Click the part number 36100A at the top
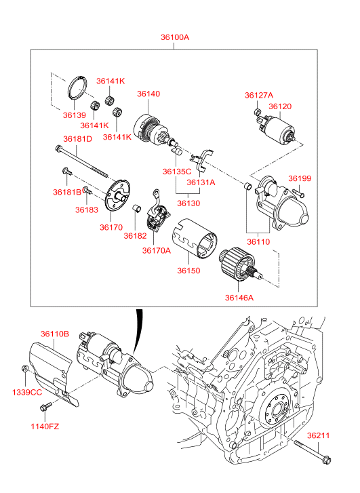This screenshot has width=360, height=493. click(x=175, y=37)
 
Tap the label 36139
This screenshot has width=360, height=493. click(x=74, y=115)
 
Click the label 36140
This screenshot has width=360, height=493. click(x=148, y=94)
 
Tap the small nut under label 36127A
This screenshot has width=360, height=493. click(x=257, y=111)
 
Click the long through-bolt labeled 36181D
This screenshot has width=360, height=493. click(x=81, y=161)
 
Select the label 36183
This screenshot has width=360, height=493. click(x=87, y=210)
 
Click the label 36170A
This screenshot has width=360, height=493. click(x=156, y=250)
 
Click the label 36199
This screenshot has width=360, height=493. click(x=300, y=178)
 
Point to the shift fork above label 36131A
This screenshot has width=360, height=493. click(x=202, y=159)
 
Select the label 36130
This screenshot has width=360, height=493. click(x=188, y=203)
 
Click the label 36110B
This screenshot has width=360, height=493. click(x=55, y=334)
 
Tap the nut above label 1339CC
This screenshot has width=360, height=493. click(x=24, y=368)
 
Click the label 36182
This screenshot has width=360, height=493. click(x=135, y=235)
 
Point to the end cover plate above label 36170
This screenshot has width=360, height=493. click(x=117, y=195)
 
